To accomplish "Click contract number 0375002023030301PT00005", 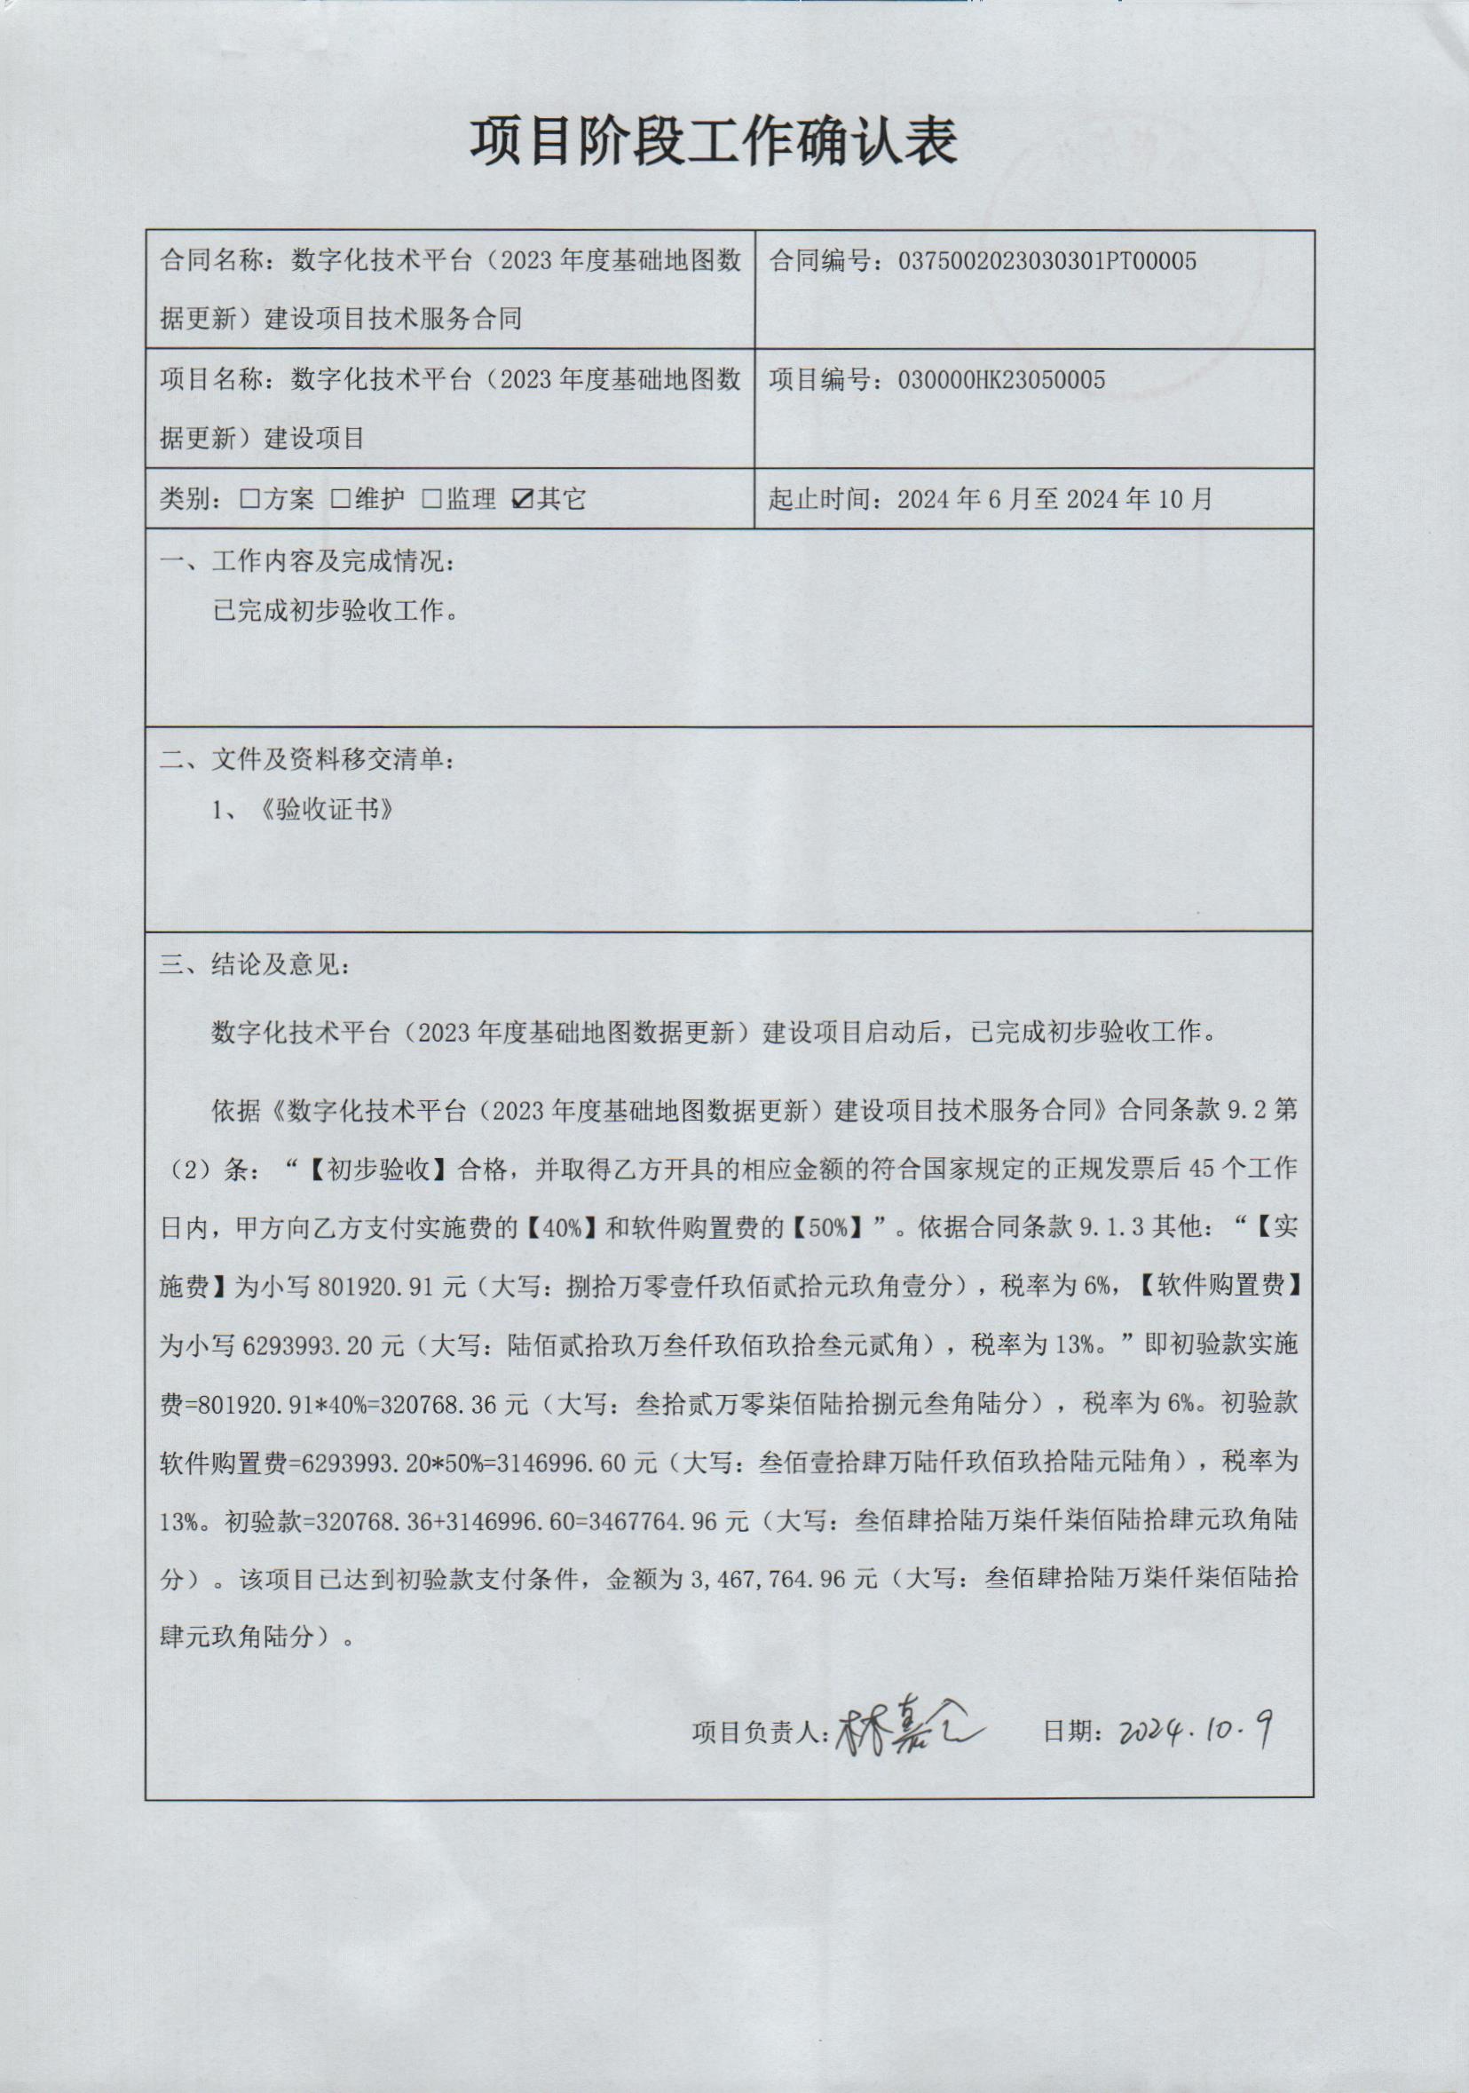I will click(x=1047, y=262).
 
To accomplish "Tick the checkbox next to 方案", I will click(x=249, y=500).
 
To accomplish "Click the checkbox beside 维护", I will click(x=340, y=500).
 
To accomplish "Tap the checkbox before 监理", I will click(x=432, y=500).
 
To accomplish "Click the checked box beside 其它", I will click(x=523, y=500).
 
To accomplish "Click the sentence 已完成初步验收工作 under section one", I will click(x=335, y=610).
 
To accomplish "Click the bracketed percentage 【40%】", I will click(x=561, y=1228).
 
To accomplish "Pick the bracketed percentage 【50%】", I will click(x=828, y=1228).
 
